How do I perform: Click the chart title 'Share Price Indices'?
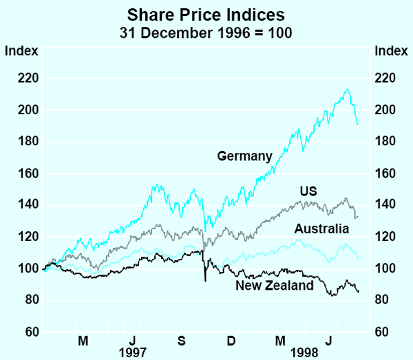click(x=206, y=14)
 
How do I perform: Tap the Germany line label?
click(x=245, y=156)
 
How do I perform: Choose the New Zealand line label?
click(x=275, y=285)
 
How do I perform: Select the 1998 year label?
click(x=304, y=352)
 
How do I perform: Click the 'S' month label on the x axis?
click(x=181, y=340)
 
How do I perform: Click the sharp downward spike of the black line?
click(x=205, y=280)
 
